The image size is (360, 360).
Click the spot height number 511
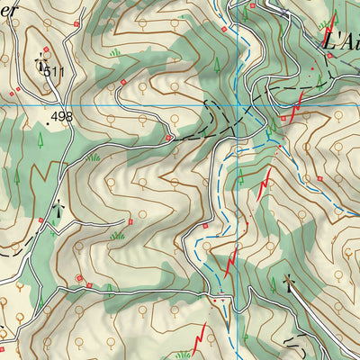(x=55, y=72)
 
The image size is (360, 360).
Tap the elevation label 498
(x=62, y=117)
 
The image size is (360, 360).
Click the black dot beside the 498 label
(x=47, y=117)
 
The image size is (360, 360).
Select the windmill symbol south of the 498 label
(x=58, y=208)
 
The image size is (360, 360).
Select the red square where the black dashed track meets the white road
(x=168, y=138)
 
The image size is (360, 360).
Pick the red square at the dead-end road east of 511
(x=123, y=83)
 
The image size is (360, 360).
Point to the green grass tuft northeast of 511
(x=114, y=51)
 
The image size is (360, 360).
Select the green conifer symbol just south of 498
(x=40, y=139)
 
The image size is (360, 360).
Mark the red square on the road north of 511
(x=76, y=23)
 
